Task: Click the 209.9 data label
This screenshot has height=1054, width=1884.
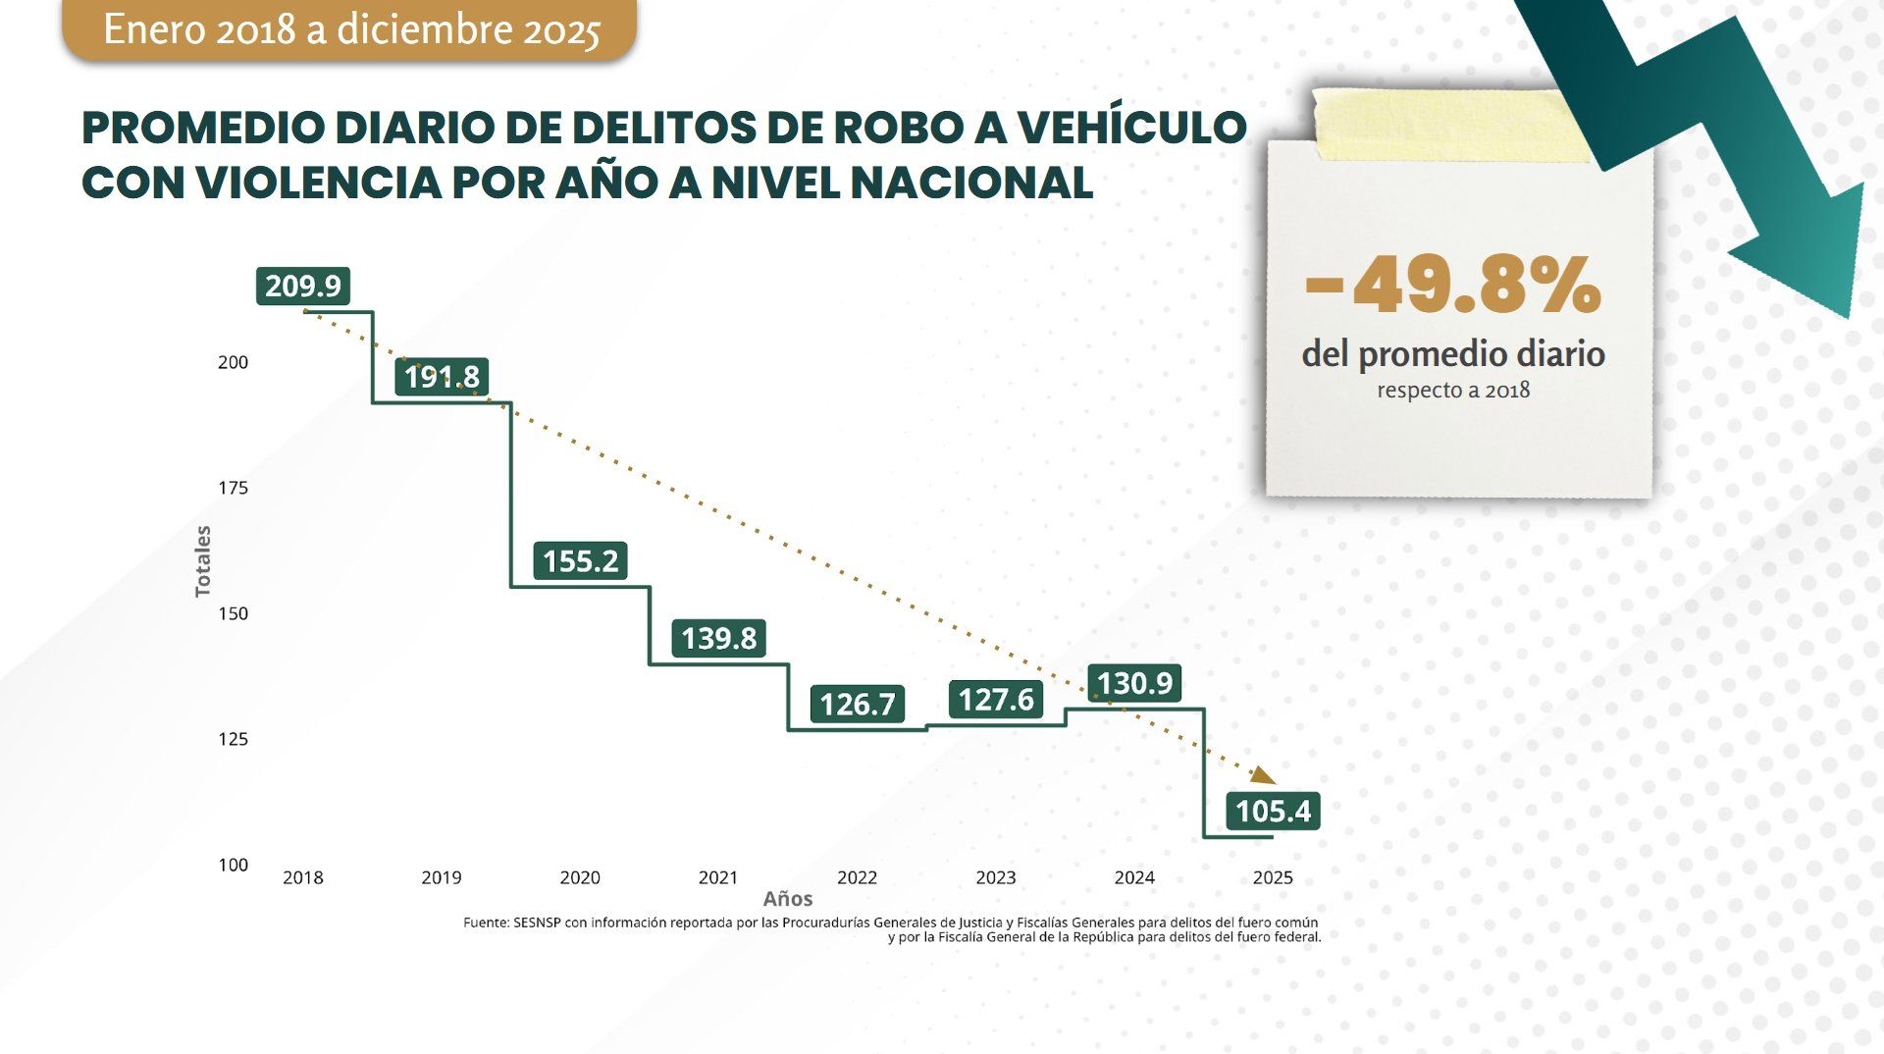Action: click(302, 286)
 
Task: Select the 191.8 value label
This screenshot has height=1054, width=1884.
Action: click(442, 376)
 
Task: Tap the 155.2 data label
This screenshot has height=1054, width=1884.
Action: click(580, 560)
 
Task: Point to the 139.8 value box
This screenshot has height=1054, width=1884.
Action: click(718, 638)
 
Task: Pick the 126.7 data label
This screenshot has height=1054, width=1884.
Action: click(857, 704)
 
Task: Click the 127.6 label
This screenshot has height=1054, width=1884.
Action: click(996, 699)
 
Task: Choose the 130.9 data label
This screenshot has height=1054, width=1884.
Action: click(1134, 682)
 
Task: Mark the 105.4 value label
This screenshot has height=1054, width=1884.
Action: click(1273, 811)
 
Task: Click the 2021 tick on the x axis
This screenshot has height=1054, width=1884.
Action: click(717, 877)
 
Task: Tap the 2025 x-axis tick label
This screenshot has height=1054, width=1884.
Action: click(1273, 877)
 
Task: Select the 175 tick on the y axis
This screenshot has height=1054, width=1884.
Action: click(233, 488)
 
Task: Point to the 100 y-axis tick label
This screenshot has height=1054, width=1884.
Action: click(233, 865)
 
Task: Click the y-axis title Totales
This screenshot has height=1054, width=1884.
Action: click(203, 561)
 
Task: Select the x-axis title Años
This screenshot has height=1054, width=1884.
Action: click(787, 899)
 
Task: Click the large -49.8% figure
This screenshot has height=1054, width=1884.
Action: click(1452, 287)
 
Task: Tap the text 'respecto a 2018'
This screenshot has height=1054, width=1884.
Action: click(1452, 390)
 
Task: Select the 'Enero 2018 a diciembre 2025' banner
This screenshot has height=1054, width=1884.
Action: click(350, 29)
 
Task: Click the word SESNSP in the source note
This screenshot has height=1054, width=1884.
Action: click(537, 922)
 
